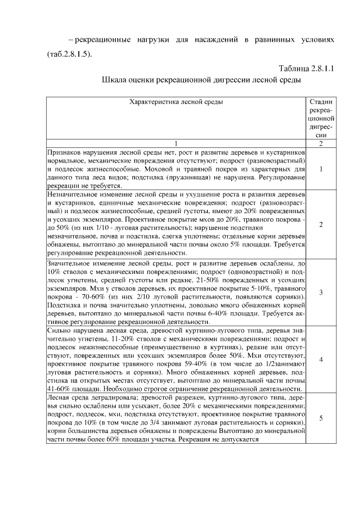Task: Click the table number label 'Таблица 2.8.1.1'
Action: pyautogui.click(x=307, y=69)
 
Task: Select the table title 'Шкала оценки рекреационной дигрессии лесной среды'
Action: pyautogui.click(x=202, y=80)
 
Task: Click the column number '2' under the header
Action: pyautogui.click(x=321, y=143)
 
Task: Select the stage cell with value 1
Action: pyautogui.click(x=321, y=169)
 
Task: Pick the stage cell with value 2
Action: pyautogui.click(x=321, y=224)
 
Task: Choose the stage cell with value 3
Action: pyautogui.click(x=321, y=292)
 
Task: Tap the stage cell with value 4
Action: pyautogui.click(x=321, y=360)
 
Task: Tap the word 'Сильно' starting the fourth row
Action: pyautogui.click(x=60, y=331)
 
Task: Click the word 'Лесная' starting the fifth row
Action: pyautogui.click(x=60, y=398)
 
